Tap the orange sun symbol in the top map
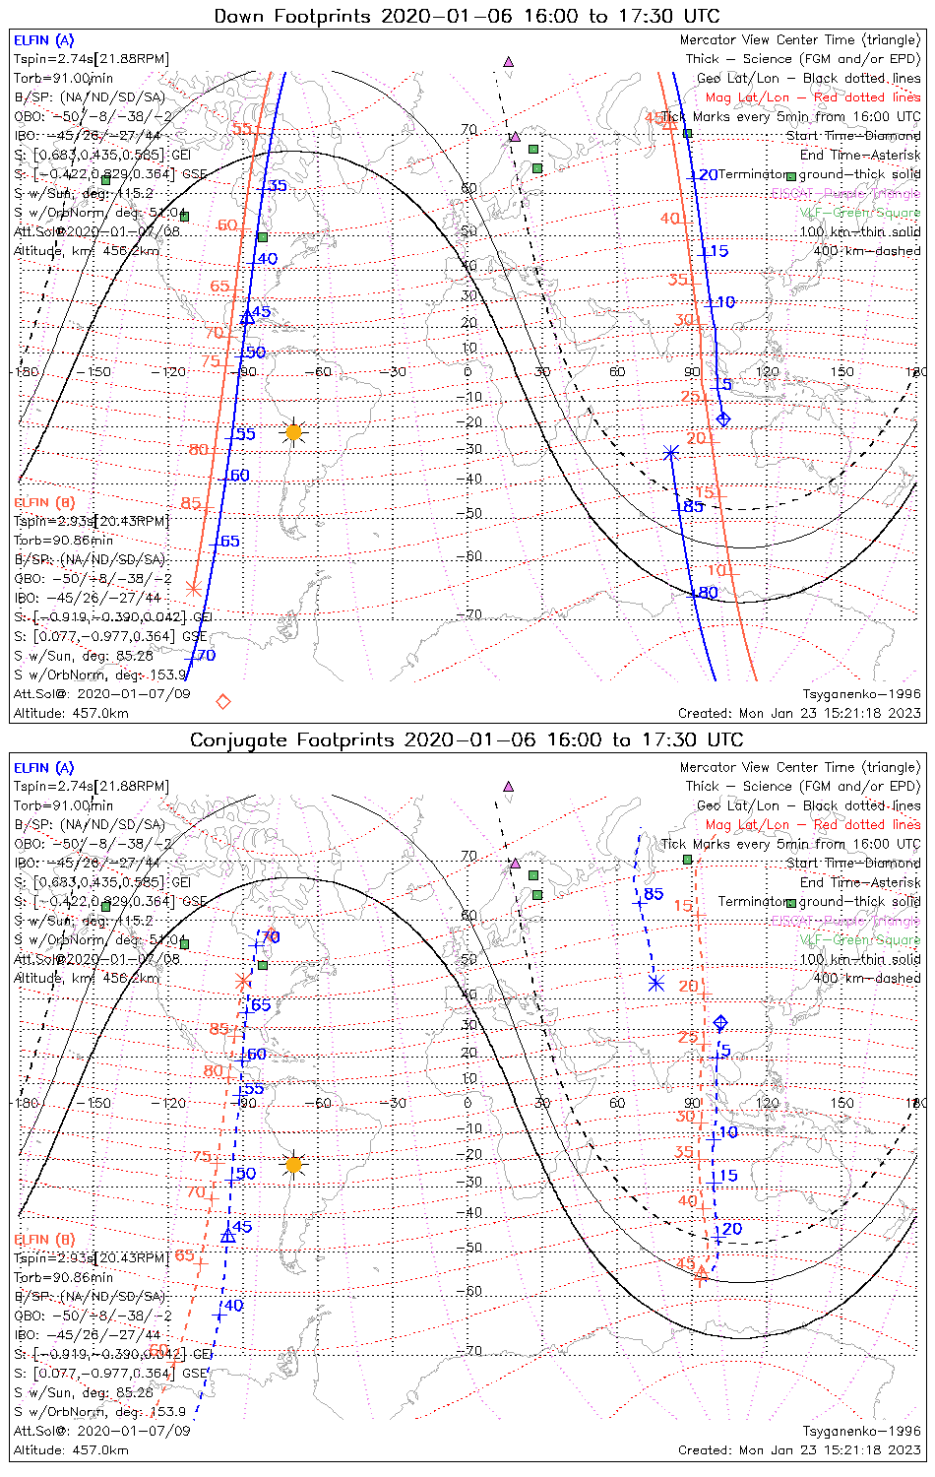[293, 432]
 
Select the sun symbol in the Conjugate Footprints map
[293, 1165]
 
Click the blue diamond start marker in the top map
[723, 419]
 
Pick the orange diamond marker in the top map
[223, 701]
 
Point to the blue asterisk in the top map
[671, 453]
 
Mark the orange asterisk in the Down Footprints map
[194, 589]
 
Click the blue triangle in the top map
[247, 317]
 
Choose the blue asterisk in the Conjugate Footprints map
[656, 983]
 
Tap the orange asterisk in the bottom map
[243, 982]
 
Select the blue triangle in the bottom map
[228, 1236]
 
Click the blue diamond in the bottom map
[720, 1023]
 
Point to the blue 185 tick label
[689, 506]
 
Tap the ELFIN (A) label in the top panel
[43, 40]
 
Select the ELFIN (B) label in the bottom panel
[44, 1239]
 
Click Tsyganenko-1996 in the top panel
[861, 694]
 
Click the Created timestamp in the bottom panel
[799, 1449]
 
